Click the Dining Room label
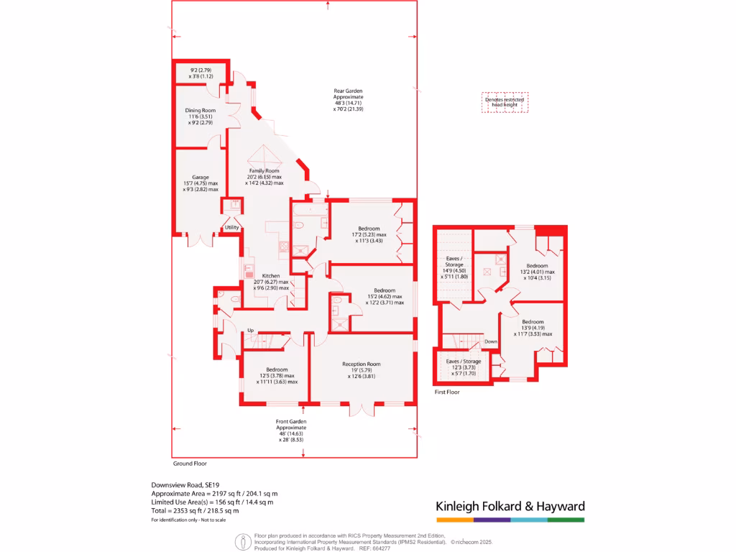click(x=200, y=110)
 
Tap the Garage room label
click(x=200, y=177)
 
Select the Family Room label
click(x=263, y=170)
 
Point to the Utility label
click(x=231, y=228)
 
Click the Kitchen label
click(x=271, y=276)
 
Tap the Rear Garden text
click(x=348, y=91)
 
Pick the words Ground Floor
click(x=190, y=464)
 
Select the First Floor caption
click(x=447, y=392)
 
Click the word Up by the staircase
click(x=251, y=330)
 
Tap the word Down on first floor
click(x=492, y=341)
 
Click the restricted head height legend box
click(x=505, y=102)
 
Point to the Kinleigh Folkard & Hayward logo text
click(x=510, y=506)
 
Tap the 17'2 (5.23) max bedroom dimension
click(x=369, y=234)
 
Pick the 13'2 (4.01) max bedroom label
click(x=538, y=272)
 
